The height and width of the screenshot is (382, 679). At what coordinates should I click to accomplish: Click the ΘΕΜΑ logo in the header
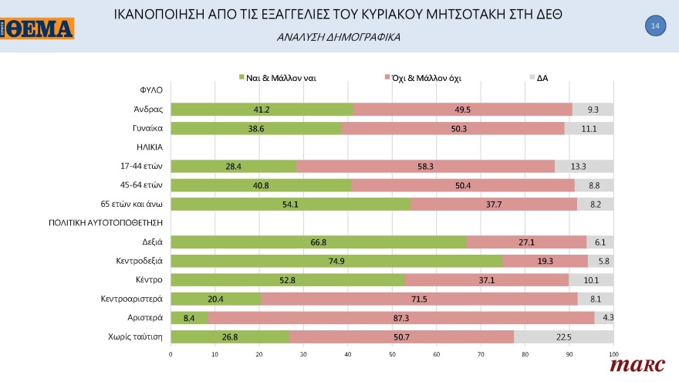coord(38,29)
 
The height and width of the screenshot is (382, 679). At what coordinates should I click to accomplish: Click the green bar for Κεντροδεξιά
coord(336,261)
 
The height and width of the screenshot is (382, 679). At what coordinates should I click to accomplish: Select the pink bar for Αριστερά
coord(400,317)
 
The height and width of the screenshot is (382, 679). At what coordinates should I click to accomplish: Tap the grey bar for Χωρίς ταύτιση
coord(563,336)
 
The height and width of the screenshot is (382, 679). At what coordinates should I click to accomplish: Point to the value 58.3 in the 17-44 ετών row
coord(425,166)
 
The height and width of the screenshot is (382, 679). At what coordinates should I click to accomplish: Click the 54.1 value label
coord(290,205)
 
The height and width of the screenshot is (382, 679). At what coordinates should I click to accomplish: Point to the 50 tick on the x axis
coord(392,354)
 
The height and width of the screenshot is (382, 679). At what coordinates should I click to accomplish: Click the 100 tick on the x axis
coord(613,354)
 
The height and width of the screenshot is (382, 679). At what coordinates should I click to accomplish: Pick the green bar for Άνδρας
coord(262,110)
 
